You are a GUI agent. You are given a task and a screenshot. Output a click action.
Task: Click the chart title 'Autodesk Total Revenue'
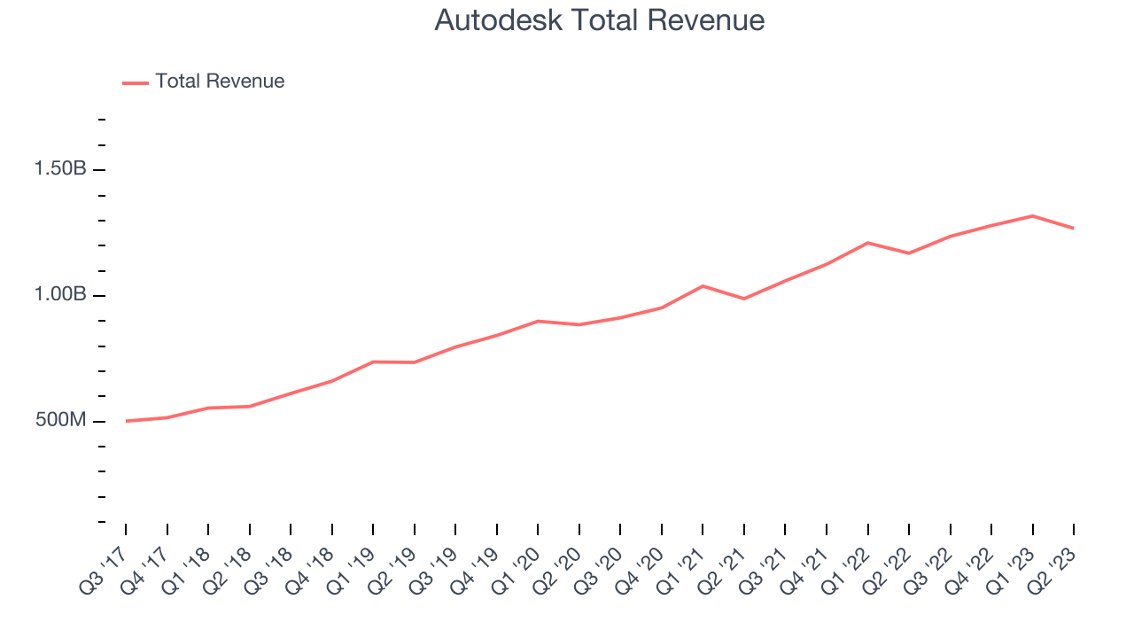tap(599, 20)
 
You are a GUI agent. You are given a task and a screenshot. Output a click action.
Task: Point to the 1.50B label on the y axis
tap(60, 169)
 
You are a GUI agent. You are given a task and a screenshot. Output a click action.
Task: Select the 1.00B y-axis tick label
tap(60, 295)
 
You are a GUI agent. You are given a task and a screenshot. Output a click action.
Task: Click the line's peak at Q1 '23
tap(1033, 215)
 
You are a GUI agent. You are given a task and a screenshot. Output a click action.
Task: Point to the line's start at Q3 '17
tap(126, 421)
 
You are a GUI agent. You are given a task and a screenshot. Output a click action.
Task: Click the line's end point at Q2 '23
tap(1074, 229)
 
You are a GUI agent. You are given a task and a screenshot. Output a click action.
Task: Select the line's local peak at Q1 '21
tap(703, 285)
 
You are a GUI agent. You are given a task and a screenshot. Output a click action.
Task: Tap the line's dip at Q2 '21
tap(744, 299)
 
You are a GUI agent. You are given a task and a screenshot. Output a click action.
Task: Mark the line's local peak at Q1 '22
tap(867, 242)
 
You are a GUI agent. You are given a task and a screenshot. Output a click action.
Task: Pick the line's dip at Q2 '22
tap(909, 253)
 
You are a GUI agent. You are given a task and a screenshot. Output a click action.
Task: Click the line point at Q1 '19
tap(373, 362)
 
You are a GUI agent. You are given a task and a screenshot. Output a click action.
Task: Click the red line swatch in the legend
tap(136, 82)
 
